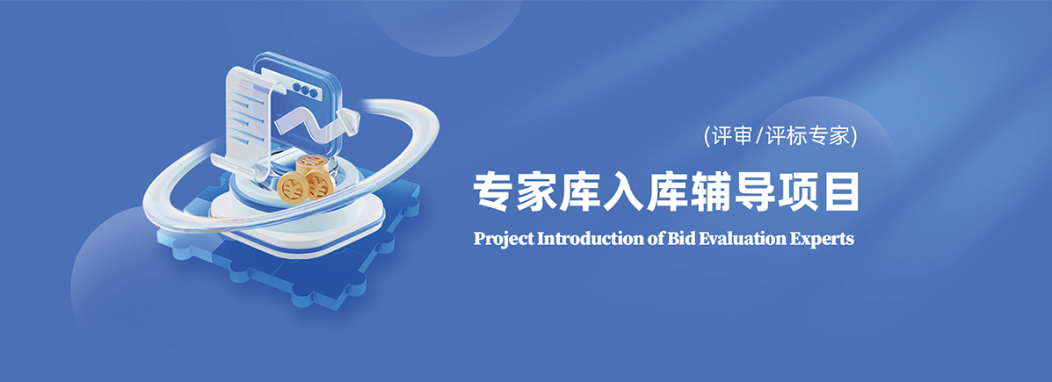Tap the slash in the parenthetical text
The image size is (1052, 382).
pyautogui.click(x=759, y=137)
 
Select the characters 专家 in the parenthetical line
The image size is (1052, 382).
pyautogui.click(x=827, y=137)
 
